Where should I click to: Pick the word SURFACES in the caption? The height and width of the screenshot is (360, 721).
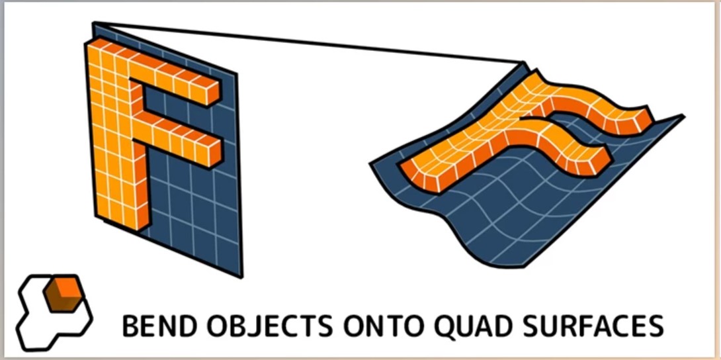coord(595,326)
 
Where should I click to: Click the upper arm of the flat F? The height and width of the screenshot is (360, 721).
coord(175,78)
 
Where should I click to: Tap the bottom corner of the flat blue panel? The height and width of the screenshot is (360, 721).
coord(241,277)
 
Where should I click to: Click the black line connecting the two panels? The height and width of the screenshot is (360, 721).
coord(308,42)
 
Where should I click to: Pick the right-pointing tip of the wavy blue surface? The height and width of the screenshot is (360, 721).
coord(684,116)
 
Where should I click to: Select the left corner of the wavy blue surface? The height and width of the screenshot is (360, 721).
coord(370,163)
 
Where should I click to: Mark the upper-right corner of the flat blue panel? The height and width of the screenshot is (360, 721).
coord(237,73)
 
